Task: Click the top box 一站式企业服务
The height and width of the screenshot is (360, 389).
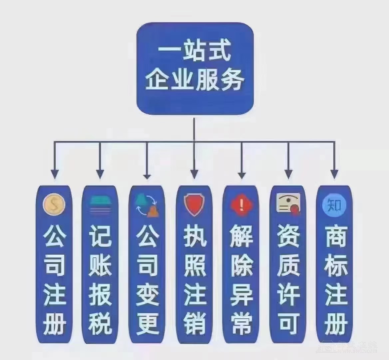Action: tap(195, 69)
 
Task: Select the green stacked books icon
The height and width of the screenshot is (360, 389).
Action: tap(100, 204)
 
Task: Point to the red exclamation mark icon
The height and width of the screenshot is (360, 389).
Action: tap(241, 204)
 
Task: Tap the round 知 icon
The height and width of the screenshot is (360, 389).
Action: tap(334, 204)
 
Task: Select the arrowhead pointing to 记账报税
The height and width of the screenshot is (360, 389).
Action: tap(100, 174)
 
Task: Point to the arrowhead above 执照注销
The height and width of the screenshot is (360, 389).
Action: tap(194, 174)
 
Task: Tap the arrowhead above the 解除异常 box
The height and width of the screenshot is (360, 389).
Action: tap(241, 174)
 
